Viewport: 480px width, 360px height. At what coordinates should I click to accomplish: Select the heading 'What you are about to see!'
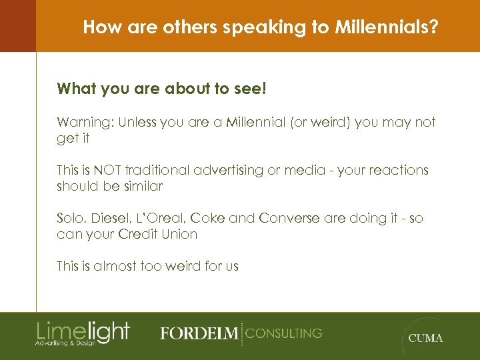[x=161, y=89]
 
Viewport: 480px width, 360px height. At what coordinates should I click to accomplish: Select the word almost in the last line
[x=114, y=266]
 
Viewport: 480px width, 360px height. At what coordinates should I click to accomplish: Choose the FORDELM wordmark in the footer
[x=199, y=333]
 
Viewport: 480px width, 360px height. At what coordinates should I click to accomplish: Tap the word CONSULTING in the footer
[x=284, y=333]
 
